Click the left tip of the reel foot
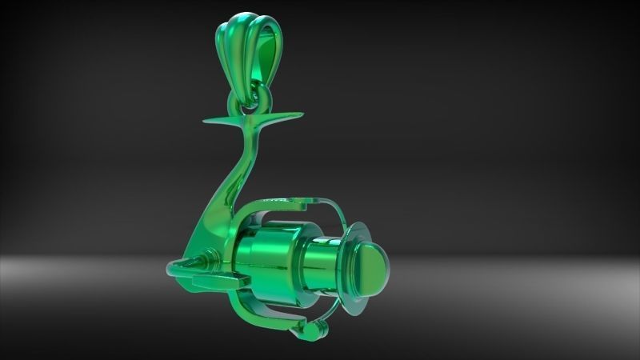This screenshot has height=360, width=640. [x=206, y=121]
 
